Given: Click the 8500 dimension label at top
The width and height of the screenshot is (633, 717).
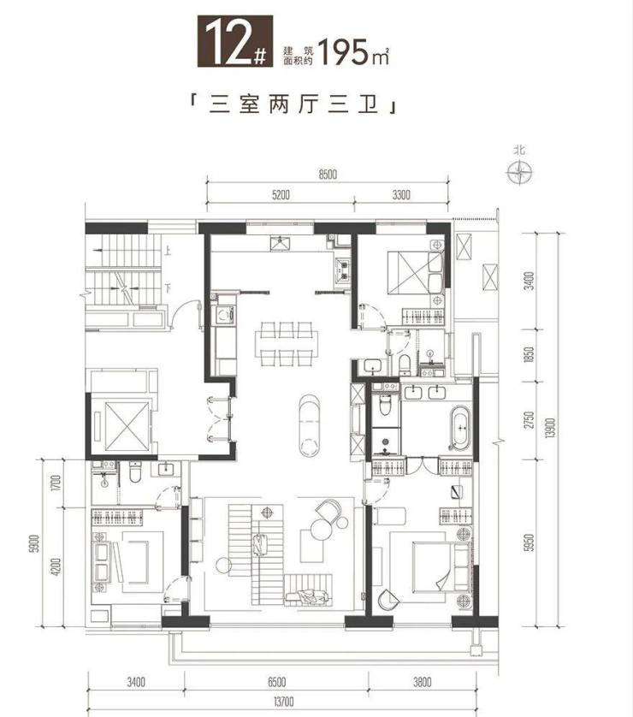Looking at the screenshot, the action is [328, 175].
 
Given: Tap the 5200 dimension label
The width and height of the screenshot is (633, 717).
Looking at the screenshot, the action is [281, 195].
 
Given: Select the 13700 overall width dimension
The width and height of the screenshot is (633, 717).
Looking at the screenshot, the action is [283, 701].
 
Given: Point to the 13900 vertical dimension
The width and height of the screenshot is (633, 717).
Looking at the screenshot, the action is [550, 427].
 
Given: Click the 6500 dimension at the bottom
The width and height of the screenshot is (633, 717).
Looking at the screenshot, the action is [276, 682].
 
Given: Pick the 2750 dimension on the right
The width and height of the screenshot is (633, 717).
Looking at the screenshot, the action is [529, 420].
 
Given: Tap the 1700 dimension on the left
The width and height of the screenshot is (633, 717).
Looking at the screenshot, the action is [56, 483].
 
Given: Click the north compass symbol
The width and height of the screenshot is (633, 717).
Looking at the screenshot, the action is [519, 172].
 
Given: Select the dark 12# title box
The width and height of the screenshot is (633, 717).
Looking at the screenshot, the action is [235, 42].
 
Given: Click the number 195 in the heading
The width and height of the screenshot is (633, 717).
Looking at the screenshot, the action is [343, 51].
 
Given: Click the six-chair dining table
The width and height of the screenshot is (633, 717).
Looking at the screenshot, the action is [287, 343].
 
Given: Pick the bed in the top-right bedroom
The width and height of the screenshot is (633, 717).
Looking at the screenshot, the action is [415, 272].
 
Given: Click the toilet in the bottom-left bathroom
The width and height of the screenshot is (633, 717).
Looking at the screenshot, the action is [135, 473].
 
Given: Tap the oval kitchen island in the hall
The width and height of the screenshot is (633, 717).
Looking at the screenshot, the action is [310, 425].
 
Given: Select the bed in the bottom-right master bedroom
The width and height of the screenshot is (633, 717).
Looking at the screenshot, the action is [441, 567].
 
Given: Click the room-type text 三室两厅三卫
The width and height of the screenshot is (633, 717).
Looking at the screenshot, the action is [293, 105].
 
